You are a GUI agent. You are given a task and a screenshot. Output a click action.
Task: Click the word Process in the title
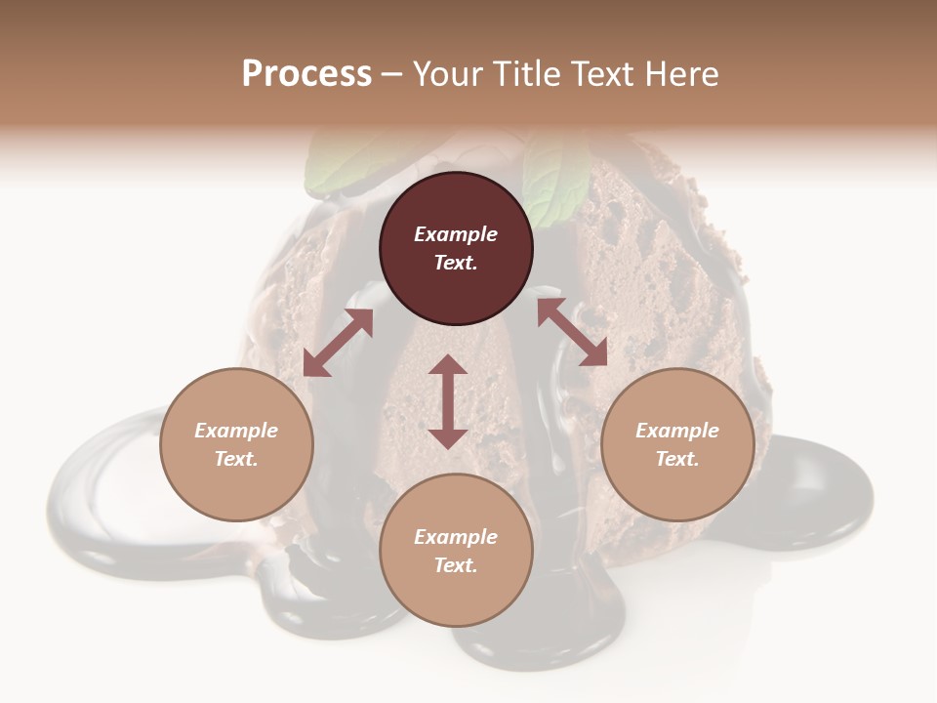(306, 74)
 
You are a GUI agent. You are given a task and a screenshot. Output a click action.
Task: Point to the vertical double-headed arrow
(448, 401)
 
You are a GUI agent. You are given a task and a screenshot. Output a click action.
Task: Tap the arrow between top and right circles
(572, 332)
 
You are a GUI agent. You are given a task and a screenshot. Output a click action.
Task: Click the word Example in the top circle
(456, 234)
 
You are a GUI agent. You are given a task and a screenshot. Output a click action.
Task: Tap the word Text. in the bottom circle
(456, 565)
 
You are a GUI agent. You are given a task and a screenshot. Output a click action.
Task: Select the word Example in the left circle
(236, 431)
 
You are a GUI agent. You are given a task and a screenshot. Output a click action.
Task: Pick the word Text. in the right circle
(677, 459)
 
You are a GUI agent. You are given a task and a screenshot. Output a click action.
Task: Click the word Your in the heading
(447, 74)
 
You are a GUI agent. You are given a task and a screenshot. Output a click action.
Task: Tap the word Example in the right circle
(677, 431)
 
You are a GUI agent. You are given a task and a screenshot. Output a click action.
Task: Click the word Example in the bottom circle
(456, 537)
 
